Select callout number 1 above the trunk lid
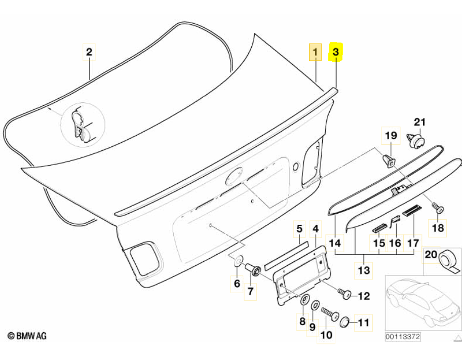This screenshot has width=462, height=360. pos(316,52)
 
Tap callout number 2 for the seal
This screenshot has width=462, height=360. pos(89,52)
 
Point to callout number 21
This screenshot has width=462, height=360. pos(420,122)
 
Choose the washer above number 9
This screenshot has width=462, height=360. pos(314,305)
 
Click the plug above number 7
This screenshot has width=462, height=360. pos(253,269)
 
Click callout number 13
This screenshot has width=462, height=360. pos(364,270)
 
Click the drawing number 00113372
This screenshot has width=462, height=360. pos(404,336)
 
